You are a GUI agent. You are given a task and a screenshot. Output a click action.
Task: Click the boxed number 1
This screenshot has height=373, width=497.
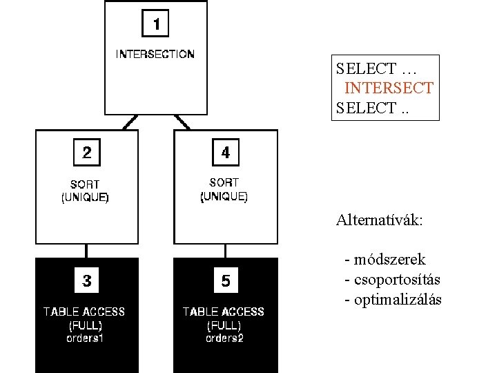(156, 24)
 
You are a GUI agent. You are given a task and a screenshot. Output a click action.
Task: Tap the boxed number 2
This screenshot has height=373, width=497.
(86, 153)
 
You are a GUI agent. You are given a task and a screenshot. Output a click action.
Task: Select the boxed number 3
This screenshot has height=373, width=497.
(86, 280)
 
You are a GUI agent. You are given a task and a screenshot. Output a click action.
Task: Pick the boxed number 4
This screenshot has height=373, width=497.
(225, 153)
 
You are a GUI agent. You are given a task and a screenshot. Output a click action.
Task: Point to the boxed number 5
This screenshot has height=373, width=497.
(226, 281)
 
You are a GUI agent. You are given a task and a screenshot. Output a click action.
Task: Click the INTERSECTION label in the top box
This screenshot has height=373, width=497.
(155, 54)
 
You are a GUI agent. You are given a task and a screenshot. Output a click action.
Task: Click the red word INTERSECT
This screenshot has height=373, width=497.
(389, 88)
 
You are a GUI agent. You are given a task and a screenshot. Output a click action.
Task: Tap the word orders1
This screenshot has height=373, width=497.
(85, 338)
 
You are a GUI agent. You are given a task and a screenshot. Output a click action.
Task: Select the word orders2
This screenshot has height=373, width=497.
(224, 338)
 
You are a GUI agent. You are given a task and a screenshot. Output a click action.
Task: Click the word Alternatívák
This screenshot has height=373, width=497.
(380, 221)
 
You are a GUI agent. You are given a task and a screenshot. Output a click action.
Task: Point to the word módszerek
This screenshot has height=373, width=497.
(389, 260)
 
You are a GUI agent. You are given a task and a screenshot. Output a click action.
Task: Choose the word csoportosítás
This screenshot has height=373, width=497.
(396, 280)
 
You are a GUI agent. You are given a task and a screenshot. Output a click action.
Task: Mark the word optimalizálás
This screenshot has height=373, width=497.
(397, 300)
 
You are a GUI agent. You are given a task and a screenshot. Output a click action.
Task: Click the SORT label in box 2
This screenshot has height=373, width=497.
(85, 184)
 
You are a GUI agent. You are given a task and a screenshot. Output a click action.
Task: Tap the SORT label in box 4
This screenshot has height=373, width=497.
(224, 183)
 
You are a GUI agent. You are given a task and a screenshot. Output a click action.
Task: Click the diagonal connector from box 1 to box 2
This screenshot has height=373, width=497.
(128, 122)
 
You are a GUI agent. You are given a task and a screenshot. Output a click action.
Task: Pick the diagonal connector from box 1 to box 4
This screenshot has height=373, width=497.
(182, 122)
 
